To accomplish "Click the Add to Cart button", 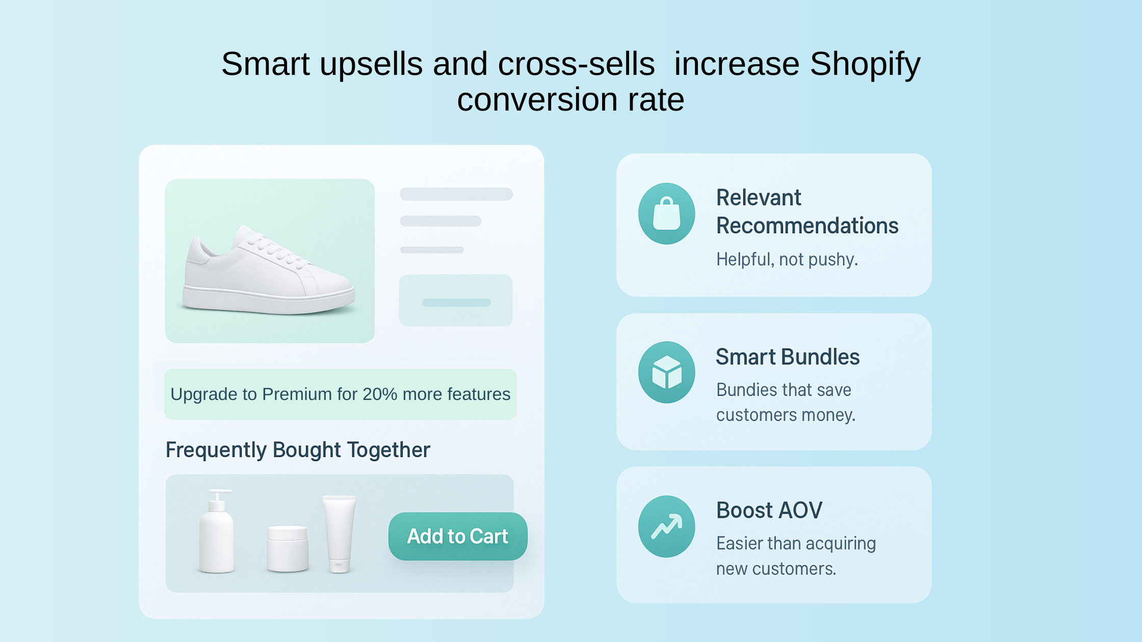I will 457,537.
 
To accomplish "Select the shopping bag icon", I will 666,213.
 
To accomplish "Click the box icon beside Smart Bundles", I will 666,372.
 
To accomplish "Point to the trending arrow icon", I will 666,526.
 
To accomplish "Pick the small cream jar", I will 288,548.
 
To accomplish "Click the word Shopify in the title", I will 865,64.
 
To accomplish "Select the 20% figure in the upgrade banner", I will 379,394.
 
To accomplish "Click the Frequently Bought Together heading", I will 298,450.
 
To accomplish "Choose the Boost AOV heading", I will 769,510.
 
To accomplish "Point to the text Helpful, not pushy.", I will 787,259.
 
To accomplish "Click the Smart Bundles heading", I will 787,357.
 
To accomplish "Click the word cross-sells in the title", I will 576,64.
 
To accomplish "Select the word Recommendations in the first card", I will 807,226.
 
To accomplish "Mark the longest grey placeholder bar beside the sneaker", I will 456,194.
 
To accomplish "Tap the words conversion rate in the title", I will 570,99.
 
